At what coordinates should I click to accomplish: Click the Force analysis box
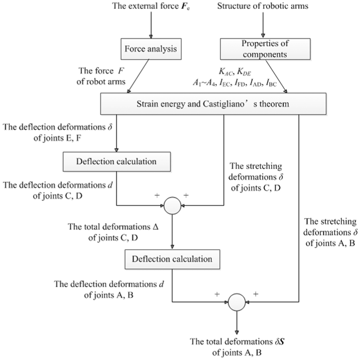point(151,49)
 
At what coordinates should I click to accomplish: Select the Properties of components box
point(265,49)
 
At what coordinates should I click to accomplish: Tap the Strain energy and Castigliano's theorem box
point(213,104)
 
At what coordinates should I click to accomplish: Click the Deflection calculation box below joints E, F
point(117,161)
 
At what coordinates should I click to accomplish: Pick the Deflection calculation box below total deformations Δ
point(172,259)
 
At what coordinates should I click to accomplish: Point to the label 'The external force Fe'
point(151,6)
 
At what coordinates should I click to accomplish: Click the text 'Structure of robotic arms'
point(263,6)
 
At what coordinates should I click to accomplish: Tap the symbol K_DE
point(244,72)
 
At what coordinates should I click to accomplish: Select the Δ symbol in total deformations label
point(155,227)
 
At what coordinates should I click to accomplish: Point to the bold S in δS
point(282,342)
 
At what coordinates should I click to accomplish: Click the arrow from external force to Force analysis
point(151,25)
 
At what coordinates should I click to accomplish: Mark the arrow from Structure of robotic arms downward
point(263,25)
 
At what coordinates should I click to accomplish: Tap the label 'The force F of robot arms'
point(101,76)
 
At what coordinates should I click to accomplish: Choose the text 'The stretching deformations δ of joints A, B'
point(330,232)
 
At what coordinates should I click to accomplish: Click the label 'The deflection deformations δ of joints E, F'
point(57,132)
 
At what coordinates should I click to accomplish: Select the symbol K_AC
point(226,72)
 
